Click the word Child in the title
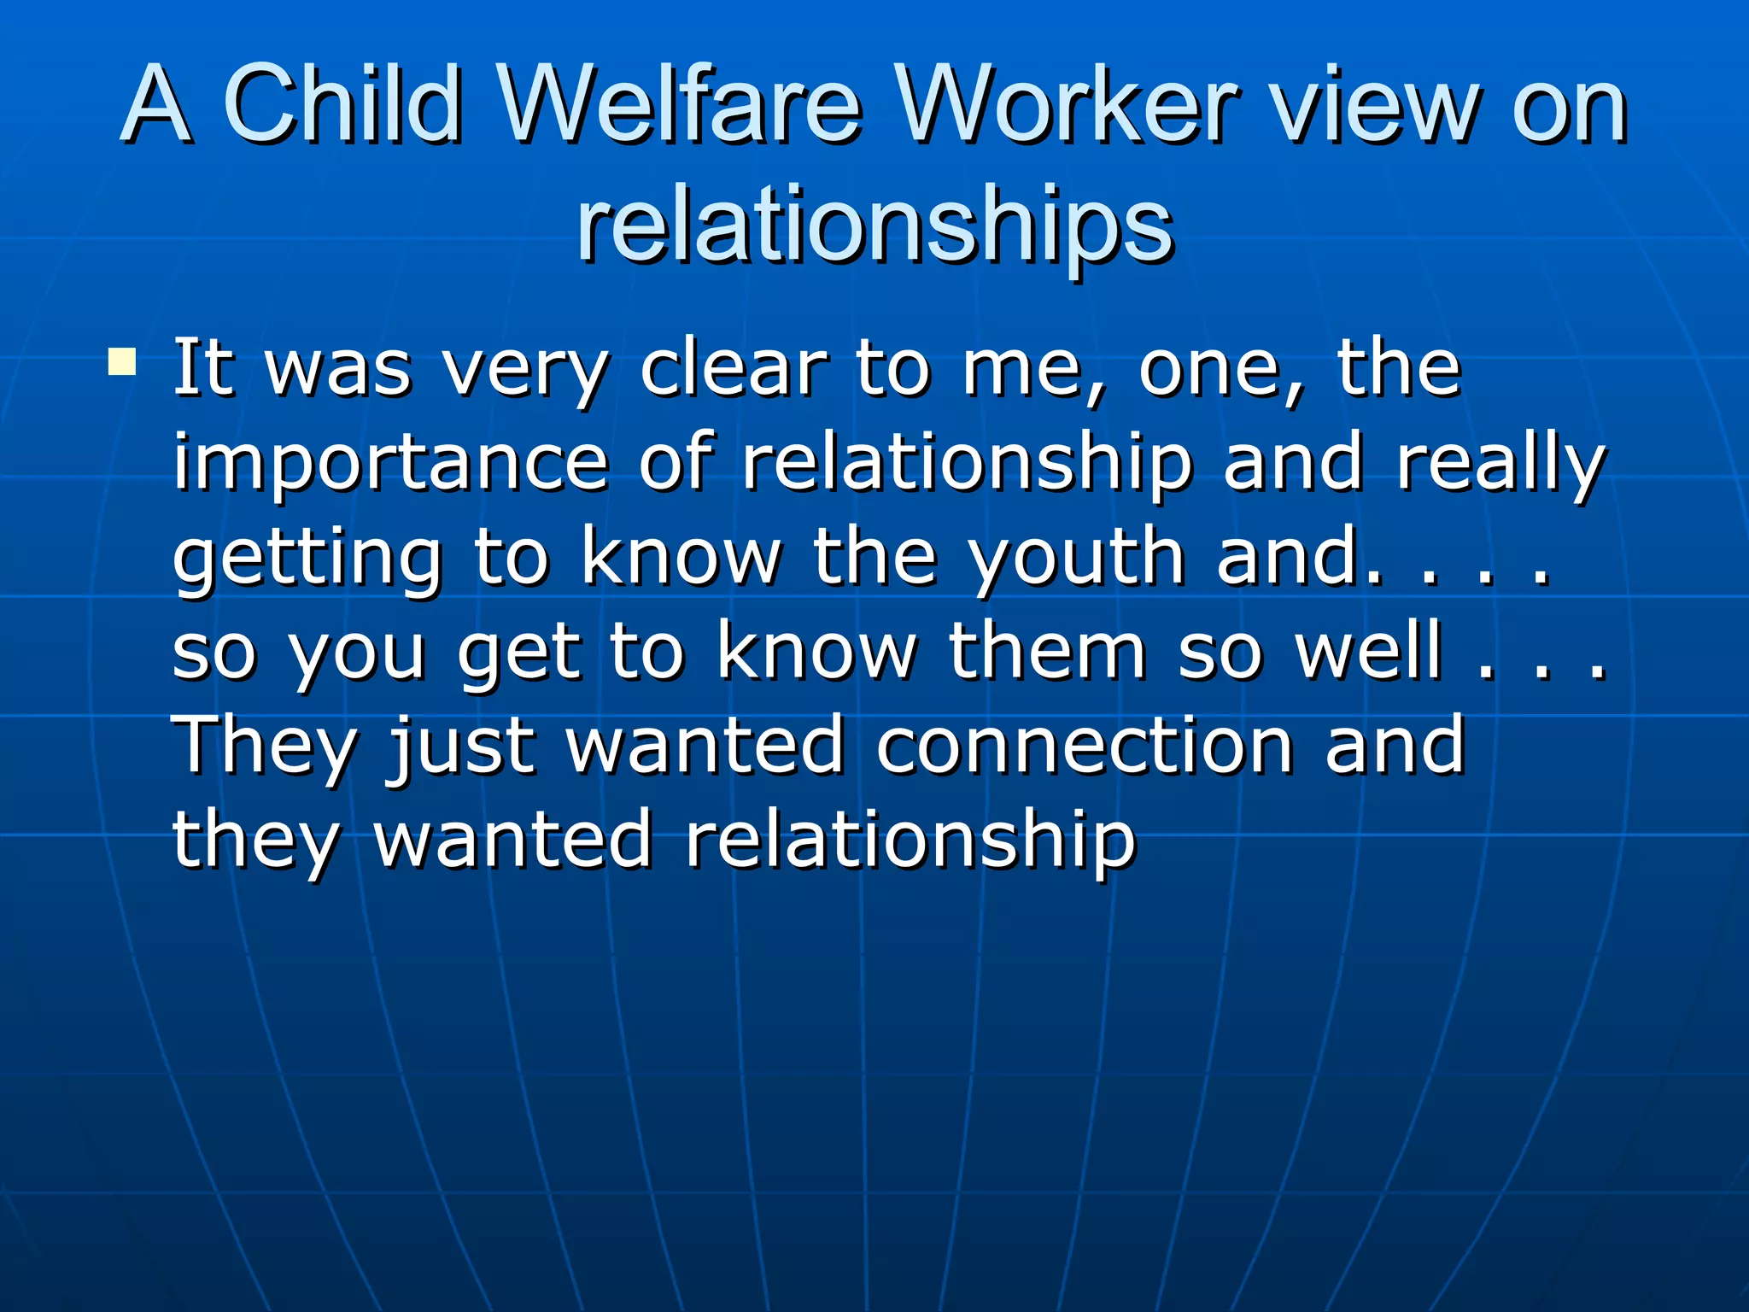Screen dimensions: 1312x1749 [342, 106]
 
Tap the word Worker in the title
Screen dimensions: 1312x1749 [1068, 106]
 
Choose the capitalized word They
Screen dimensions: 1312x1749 [264, 747]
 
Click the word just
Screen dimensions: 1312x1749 [462, 747]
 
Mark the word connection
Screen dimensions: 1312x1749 [1085, 747]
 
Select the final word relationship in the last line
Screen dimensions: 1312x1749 [910, 841]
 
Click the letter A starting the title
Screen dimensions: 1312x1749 [156, 106]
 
